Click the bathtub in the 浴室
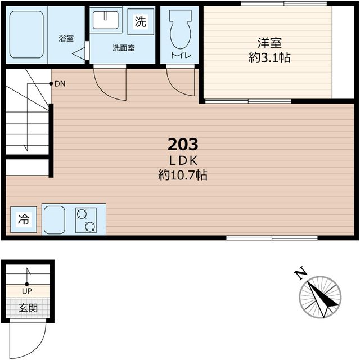[x=26, y=34]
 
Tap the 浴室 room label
[x=66, y=38]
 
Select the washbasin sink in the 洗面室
[x=106, y=20]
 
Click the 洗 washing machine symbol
[x=141, y=21]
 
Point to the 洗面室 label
[x=124, y=48]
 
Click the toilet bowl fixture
[x=181, y=29]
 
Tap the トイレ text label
[x=181, y=55]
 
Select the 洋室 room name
[x=269, y=43]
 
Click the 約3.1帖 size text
[x=269, y=57]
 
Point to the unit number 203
[x=183, y=145]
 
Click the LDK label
[x=183, y=161]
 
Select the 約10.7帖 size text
[x=183, y=175]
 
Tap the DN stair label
[x=60, y=84]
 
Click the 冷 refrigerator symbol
[x=24, y=219]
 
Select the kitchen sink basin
[x=55, y=220]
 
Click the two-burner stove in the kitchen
[x=86, y=220]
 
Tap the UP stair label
[x=27, y=291]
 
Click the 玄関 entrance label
[x=28, y=308]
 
